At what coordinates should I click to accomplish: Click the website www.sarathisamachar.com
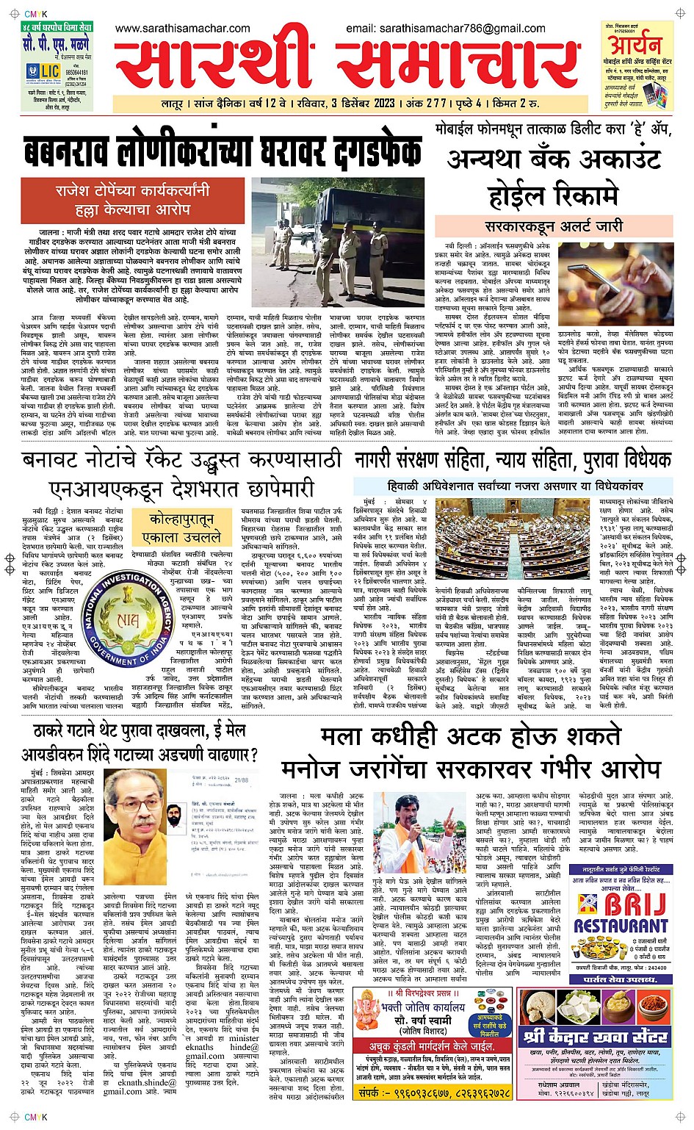pyautogui.click(x=182, y=29)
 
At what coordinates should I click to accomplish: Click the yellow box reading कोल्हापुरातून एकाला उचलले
pyautogui.click(x=181, y=528)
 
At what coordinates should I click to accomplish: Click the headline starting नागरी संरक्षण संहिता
pyautogui.click(x=513, y=461)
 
